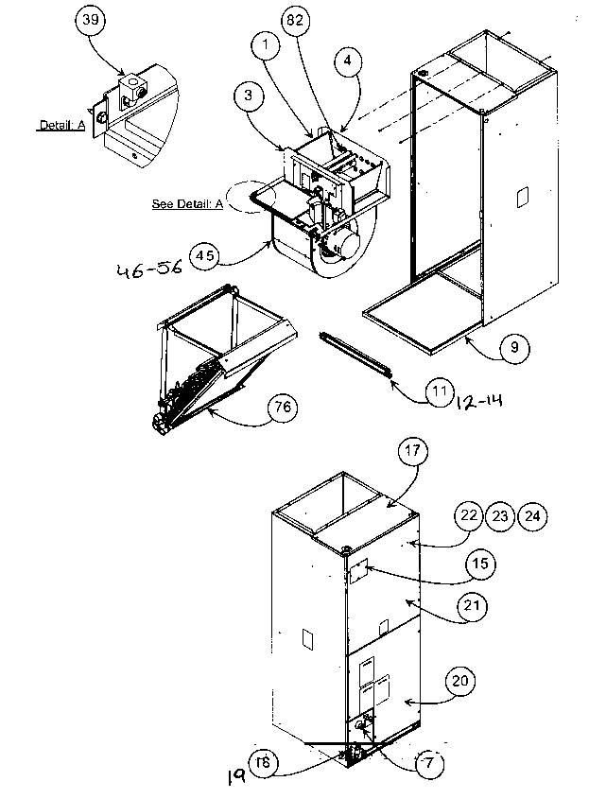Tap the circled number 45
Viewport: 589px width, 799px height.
tap(204, 254)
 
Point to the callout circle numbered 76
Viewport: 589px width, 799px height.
tap(279, 408)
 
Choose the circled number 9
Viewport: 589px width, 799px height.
tap(513, 346)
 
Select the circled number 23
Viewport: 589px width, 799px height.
tap(499, 515)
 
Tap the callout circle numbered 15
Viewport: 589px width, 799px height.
tap(479, 565)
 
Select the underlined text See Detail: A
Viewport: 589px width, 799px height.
tap(187, 203)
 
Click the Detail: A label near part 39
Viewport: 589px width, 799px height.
tap(61, 125)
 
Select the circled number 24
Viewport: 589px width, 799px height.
tap(532, 515)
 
